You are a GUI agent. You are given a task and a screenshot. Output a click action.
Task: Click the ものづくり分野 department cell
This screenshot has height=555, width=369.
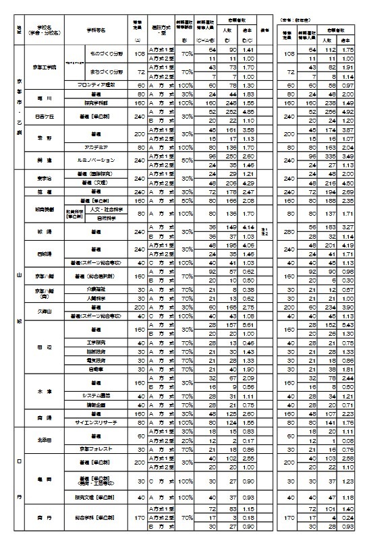point(102,53)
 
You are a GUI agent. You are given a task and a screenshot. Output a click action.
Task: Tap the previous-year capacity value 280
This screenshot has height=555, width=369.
point(287,231)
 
